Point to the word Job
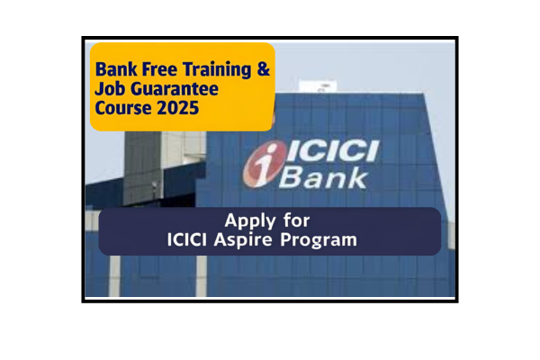[x=110, y=91]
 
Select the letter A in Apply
[x=231, y=220]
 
